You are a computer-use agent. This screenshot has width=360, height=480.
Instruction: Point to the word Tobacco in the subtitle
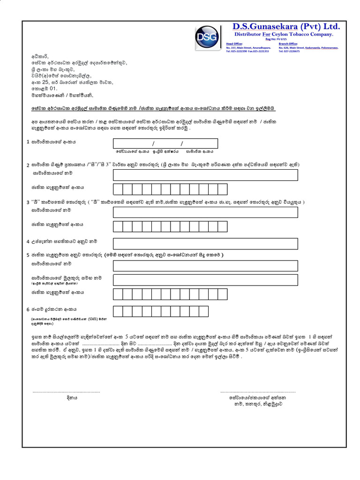(291, 34)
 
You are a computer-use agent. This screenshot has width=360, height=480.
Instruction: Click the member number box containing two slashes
(165, 143)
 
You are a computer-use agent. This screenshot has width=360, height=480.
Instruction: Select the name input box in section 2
(205, 175)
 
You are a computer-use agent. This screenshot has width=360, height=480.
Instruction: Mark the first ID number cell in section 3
(118, 226)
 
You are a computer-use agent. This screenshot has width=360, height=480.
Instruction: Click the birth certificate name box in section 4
(205, 244)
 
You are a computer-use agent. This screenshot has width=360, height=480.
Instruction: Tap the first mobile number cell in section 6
(118, 311)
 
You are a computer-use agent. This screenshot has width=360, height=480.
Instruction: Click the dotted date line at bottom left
(66, 390)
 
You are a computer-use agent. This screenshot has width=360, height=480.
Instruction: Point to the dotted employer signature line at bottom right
(257, 390)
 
